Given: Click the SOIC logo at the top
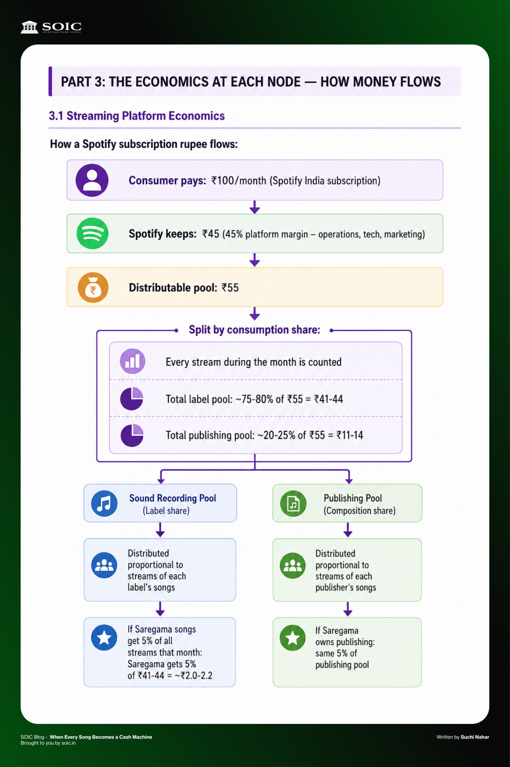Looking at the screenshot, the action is click(x=51, y=27).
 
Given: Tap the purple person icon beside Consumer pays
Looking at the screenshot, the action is click(x=92, y=180).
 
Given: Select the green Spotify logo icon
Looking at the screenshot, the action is click(x=92, y=233).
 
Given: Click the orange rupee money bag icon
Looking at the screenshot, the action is click(x=93, y=287).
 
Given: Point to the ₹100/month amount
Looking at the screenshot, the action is click(x=239, y=181).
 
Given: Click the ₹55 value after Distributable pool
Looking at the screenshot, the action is click(x=230, y=288).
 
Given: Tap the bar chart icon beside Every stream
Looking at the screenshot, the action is click(x=132, y=361).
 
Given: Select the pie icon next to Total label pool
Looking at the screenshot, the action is click(x=132, y=398).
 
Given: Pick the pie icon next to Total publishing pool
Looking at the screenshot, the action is click(x=132, y=435).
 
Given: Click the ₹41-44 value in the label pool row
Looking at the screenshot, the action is click(x=329, y=399).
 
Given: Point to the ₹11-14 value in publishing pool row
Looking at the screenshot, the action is click(x=350, y=435).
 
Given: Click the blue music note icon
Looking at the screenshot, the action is click(x=104, y=503).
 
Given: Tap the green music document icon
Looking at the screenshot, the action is click(x=293, y=503).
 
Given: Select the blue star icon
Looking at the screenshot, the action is click(x=104, y=637).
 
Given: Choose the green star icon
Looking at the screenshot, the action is click(x=293, y=638).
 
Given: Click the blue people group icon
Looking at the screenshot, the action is click(x=104, y=565).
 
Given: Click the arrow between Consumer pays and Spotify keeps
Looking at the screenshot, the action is click(x=255, y=207).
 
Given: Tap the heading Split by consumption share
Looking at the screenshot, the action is click(x=254, y=330).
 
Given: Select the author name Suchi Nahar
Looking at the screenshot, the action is click(x=475, y=737).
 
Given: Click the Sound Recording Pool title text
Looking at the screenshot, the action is click(x=172, y=498).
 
